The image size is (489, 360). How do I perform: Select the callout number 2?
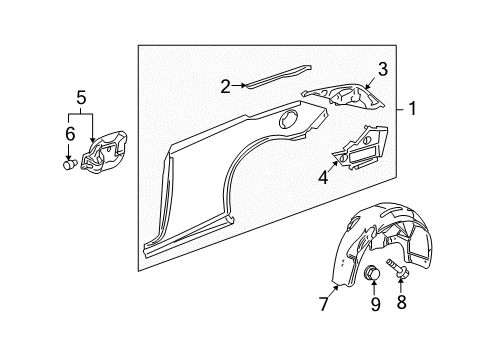pos(227,86)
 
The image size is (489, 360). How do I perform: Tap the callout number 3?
pos(381,67)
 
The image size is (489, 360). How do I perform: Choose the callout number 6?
pos(70,132)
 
